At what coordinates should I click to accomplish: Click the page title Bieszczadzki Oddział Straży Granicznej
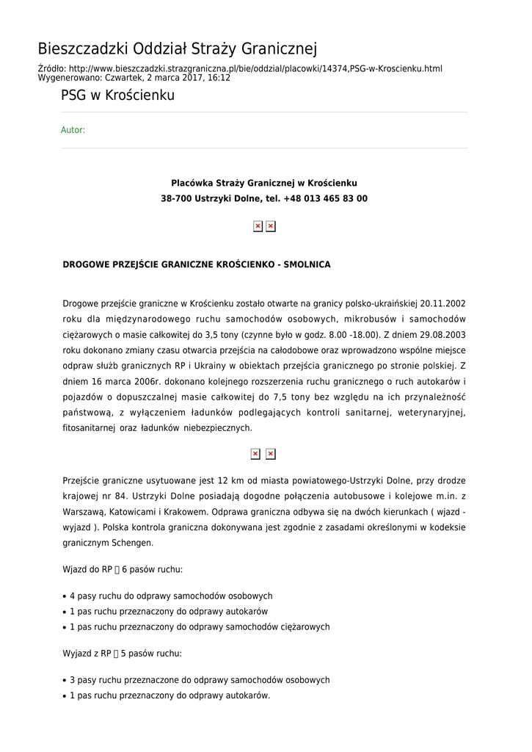click(177, 49)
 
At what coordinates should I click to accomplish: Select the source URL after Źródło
click(256, 69)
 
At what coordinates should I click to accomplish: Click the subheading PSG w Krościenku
click(117, 95)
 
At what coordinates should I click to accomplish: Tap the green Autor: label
click(73, 130)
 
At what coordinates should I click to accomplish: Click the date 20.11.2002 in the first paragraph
click(442, 303)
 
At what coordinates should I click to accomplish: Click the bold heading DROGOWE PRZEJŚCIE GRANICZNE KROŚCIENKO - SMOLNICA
click(197, 264)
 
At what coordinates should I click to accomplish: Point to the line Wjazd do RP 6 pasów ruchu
click(123, 570)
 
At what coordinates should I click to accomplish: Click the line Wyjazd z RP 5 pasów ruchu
click(122, 654)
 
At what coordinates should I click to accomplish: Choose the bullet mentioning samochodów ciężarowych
click(200, 627)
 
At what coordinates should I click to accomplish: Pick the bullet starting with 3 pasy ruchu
click(200, 680)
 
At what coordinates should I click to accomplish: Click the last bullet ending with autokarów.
click(170, 695)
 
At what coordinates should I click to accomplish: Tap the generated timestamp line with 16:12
click(134, 78)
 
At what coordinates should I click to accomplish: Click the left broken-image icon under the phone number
click(258, 226)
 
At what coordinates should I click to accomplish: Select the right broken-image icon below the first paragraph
click(270, 454)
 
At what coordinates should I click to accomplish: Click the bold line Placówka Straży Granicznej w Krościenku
click(263, 183)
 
